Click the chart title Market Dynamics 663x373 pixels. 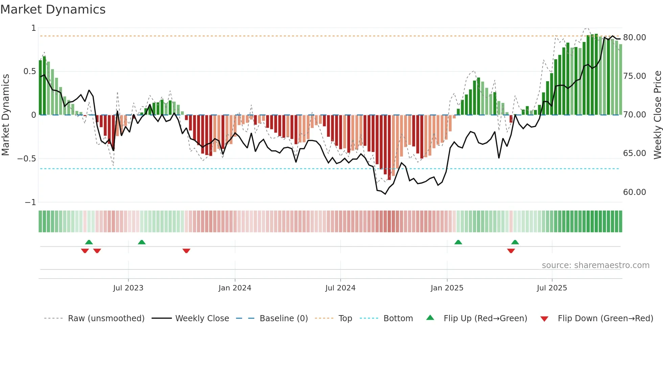pyautogui.click(x=53, y=9)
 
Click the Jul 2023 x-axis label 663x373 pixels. pyautogui.click(x=128, y=288)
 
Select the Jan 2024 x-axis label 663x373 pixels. pyautogui.click(x=235, y=288)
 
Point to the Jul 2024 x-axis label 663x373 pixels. pyautogui.click(x=340, y=288)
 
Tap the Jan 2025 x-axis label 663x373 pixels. pyautogui.click(x=447, y=288)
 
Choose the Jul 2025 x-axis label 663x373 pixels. pyautogui.click(x=552, y=288)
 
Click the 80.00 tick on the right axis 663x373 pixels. pyautogui.click(x=634, y=38)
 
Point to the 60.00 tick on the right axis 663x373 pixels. pyautogui.click(x=634, y=192)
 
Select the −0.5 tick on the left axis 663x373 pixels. pyautogui.click(x=27, y=159)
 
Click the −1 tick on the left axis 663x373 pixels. pyautogui.click(x=30, y=202)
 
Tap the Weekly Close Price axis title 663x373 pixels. pyautogui.click(x=657, y=115)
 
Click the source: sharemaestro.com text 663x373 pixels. pyautogui.click(x=595, y=265)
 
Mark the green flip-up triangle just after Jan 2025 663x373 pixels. pyautogui.click(x=458, y=242)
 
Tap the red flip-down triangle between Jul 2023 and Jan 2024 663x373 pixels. pyautogui.click(x=186, y=251)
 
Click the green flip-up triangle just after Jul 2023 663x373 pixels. pyautogui.click(x=142, y=242)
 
